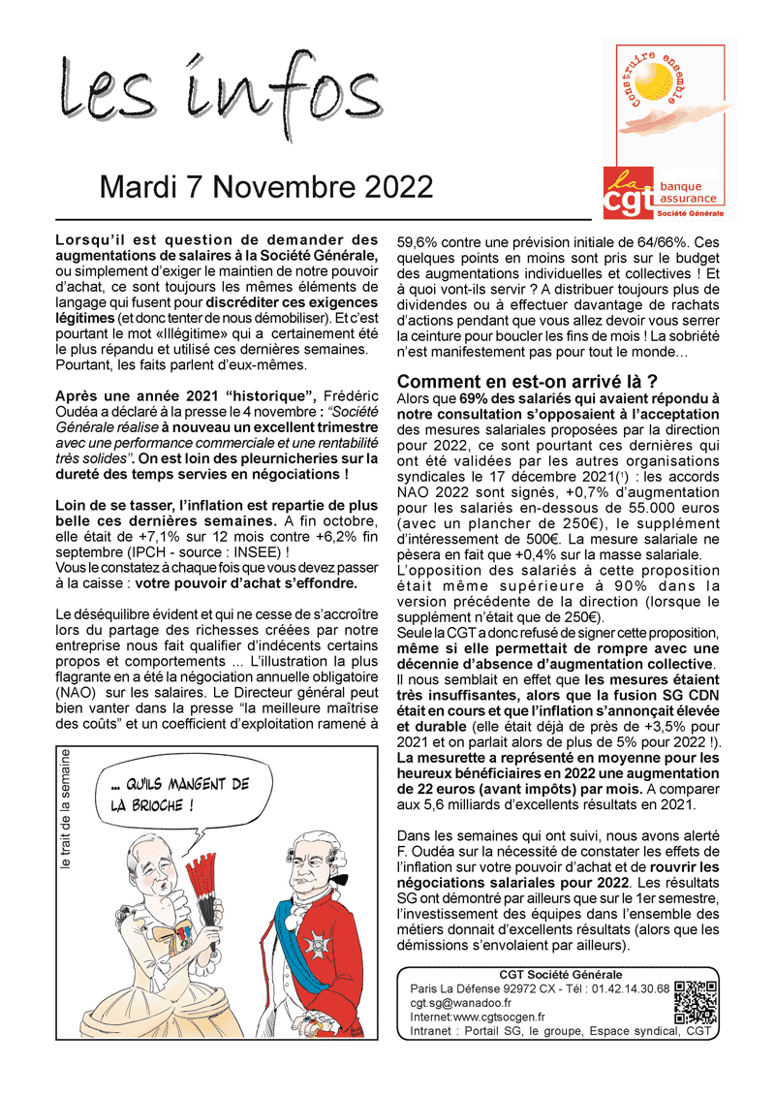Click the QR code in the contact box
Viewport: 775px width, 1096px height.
696,1002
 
